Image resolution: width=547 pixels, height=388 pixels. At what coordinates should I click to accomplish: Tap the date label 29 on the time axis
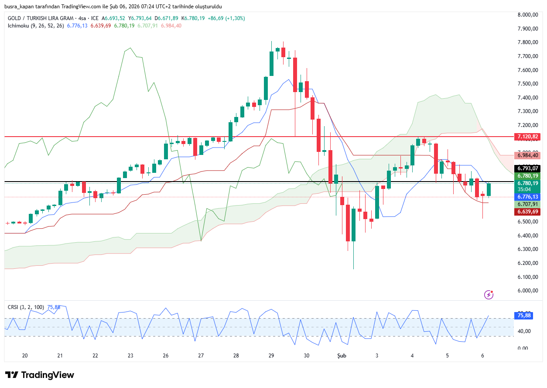click(x=271, y=356)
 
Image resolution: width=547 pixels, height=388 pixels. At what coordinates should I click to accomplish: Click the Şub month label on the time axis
click(x=342, y=356)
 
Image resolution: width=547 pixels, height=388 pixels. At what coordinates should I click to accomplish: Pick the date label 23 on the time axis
click(x=130, y=356)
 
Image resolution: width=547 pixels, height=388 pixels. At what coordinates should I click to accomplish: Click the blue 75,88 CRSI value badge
click(x=524, y=316)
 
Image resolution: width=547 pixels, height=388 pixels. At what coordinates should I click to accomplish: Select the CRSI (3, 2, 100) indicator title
click(x=26, y=307)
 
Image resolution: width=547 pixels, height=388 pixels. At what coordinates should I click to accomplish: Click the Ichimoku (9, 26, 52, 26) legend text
click(x=36, y=26)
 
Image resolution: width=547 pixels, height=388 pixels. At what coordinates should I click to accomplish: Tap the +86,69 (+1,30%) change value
click(x=226, y=18)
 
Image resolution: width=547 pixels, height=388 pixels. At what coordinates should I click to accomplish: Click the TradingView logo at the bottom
click(x=40, y=375)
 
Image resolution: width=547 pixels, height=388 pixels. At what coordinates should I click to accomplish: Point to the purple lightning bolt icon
click(x=489, y=295)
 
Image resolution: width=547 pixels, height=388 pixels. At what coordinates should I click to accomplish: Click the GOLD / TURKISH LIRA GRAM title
click(x=42, y=18)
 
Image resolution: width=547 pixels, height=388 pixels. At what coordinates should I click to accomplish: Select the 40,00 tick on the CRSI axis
click(x=523, y=331)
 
